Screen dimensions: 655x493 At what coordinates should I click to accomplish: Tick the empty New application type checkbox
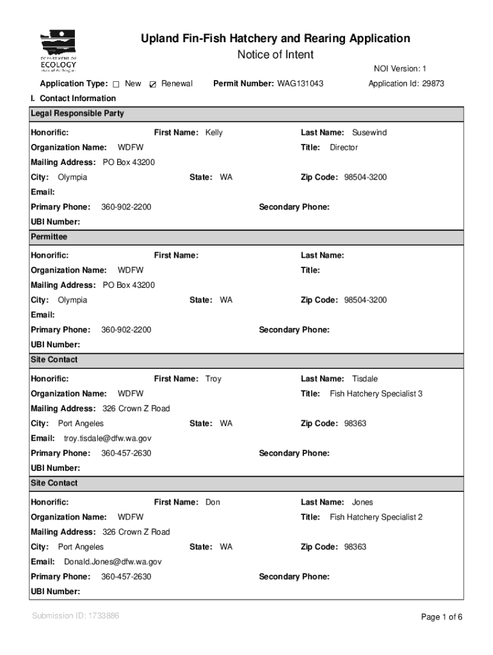tap(117, 84)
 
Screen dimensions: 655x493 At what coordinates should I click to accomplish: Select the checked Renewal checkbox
tap(152, 84)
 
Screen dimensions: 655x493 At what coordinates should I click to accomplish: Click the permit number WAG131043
tap(300, 84)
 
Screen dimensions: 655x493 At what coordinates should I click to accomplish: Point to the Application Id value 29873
tap(432, 84)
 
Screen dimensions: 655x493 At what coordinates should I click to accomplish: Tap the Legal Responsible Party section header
tap(77, 113)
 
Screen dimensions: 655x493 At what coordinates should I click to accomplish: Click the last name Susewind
tap(369, 132)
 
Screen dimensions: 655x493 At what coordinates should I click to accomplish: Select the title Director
tap(343, 147)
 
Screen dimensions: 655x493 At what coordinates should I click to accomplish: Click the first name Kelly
tap(214, 132)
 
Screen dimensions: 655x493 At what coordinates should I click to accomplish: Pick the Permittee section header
tap(49, 237)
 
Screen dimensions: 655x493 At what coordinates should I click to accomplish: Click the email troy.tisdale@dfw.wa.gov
tap(108, 438)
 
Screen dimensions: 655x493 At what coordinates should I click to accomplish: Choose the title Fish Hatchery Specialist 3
tap(376, 393)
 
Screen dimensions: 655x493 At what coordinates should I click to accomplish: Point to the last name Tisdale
tap(365, 379)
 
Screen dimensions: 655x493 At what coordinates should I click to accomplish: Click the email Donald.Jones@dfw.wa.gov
tap(113, 562)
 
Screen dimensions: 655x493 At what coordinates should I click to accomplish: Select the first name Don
tap(213, 502)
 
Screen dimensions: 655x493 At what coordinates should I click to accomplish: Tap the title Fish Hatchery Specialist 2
tap(376, 517)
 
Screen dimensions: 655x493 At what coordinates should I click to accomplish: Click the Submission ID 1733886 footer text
tap(75, 616)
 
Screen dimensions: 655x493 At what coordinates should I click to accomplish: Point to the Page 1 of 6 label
tap(441, 617)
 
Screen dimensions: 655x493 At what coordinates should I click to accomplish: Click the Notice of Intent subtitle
tap(275, 54)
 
